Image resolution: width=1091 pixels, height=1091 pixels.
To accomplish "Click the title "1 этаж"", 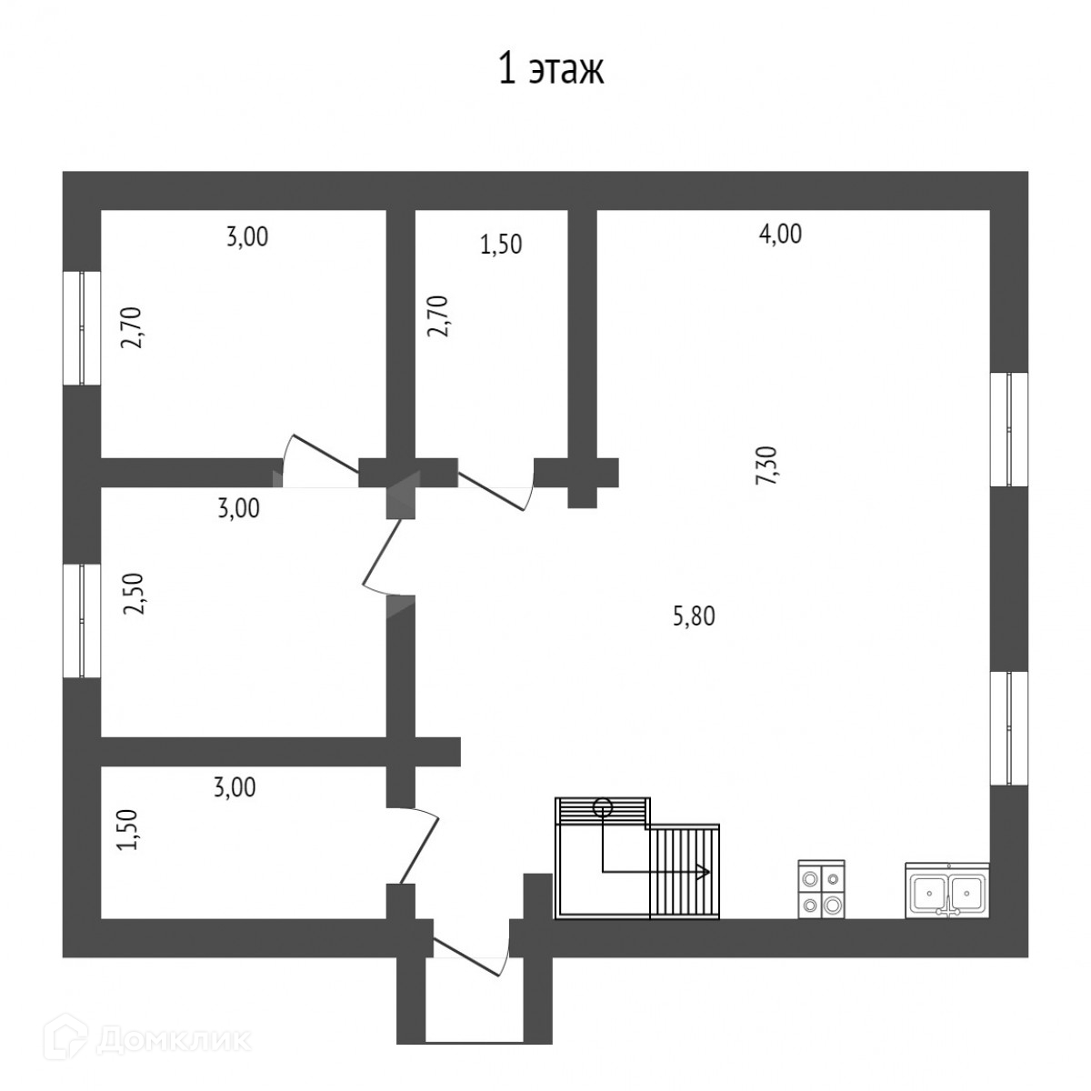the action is (x=551, y=70).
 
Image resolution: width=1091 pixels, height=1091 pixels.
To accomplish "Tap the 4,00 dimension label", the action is (x=780, y=234).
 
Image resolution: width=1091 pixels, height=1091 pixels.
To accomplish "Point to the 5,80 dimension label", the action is (x=694, y=616).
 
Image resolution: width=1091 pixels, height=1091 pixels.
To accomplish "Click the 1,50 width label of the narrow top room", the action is (x=500, y=244).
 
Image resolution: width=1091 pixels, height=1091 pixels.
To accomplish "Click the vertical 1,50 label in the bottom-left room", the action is (x=128, y=829).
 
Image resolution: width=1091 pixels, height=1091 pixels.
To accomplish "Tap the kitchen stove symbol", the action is (x=821, y=889).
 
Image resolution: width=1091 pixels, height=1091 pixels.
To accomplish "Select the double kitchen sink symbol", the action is (x=946, y=891).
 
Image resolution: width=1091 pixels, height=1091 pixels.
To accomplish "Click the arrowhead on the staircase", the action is (x=703, y=872).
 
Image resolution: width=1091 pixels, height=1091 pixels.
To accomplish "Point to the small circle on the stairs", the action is (x=602, y=805).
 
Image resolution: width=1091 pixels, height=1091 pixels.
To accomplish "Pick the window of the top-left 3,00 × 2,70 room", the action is (x=81, y=327).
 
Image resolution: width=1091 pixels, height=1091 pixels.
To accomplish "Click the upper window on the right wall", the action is (x=1008, y=429).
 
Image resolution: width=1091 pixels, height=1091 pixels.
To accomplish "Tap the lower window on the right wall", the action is (x=1008, y=727).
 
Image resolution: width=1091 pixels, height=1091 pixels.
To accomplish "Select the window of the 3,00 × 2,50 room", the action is (x=81, y=621).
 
